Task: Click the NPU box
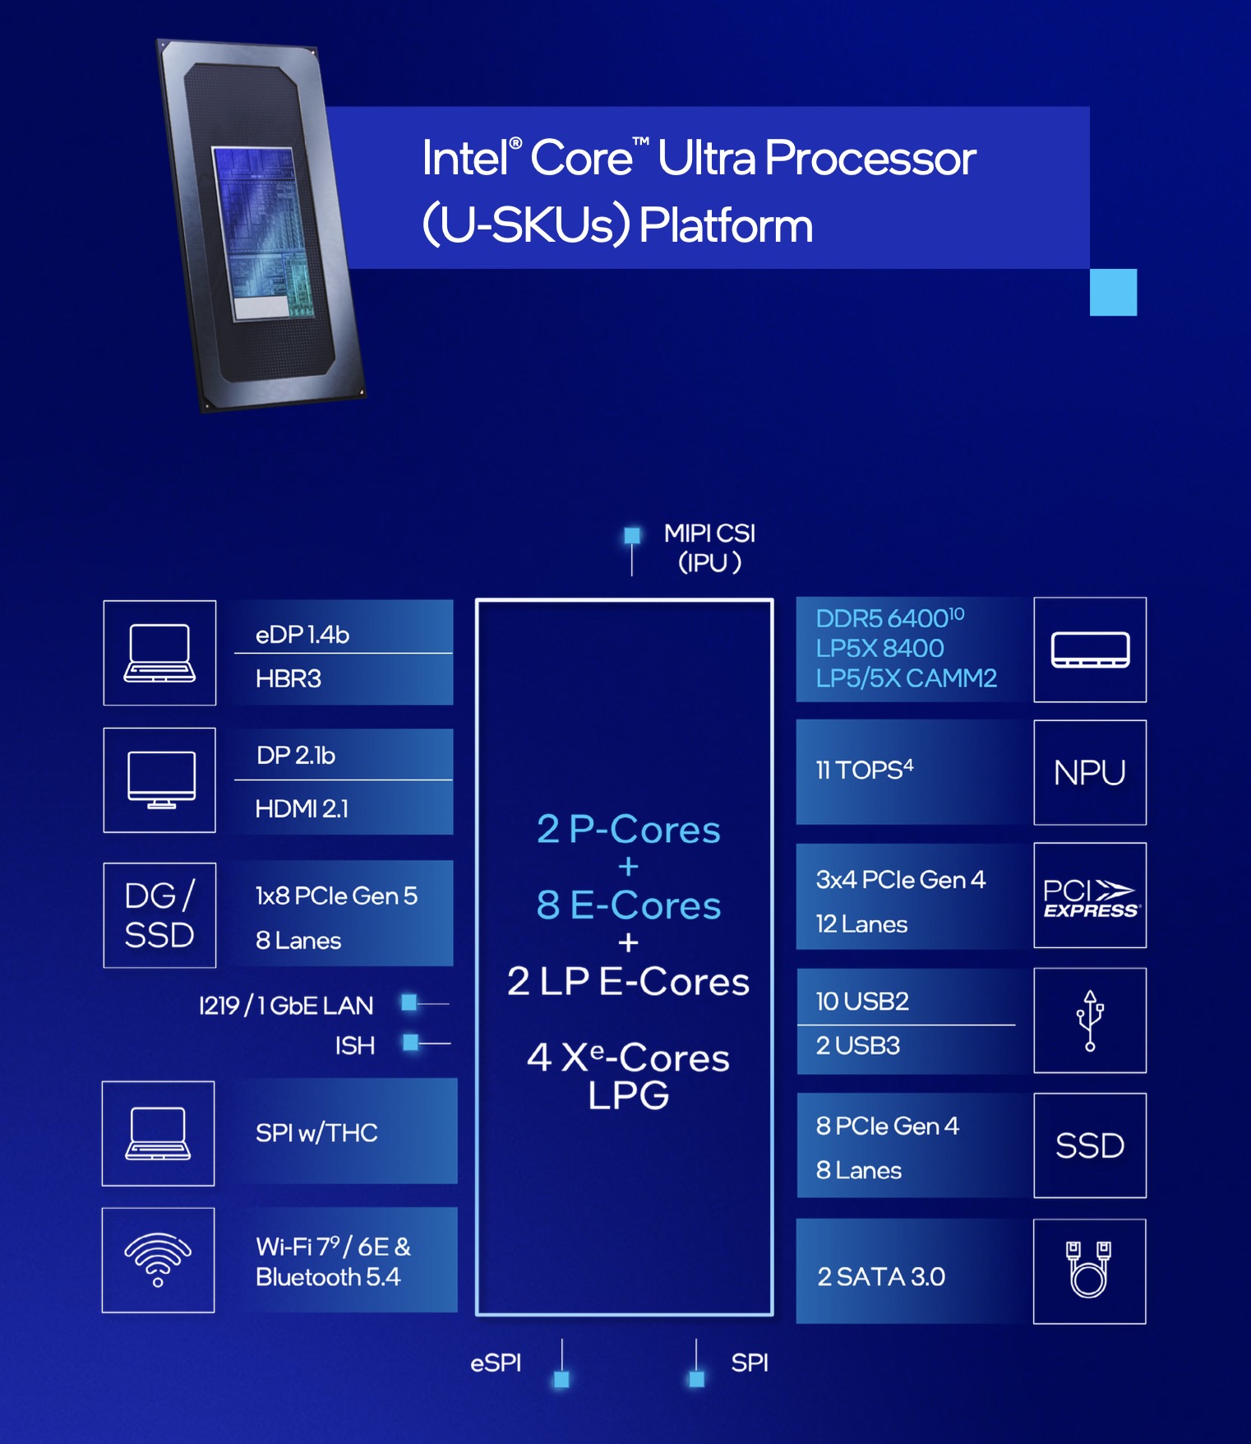pyautogui.click(x=1089, y=772)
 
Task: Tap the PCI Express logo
pyautogui.click(x=1089, y=896)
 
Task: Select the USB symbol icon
pyautogui.click(x=1090, y=1021)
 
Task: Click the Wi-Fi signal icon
pyautogui.click(x=158, y=1259)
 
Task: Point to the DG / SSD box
pyautogui.click(x=159, y=915)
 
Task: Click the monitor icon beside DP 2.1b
pyautogui.click(x=161, y=780)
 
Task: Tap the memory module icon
pyautogui.click(x=1090, y=650)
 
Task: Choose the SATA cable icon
pyautogui.click(x=1089, y=1270)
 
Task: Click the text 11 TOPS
pyautogui.click(x=864, y=771)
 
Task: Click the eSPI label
pyautogui.click(x=496, y=1363)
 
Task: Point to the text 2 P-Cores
pyautogui.click(x=628, y=830)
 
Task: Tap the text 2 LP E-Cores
pyautogui.click(x=628, y=982)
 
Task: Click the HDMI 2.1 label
pyautogui.click(x=302, y=809)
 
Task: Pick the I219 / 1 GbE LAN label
pyautogui.click(x=286, y=1006)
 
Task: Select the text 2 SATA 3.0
pyautogui.click(x=881, y=1276)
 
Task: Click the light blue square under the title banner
pyautogui.click(x=1113, y=292)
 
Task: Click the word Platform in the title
pyautogui.click(x=726, y=225)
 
